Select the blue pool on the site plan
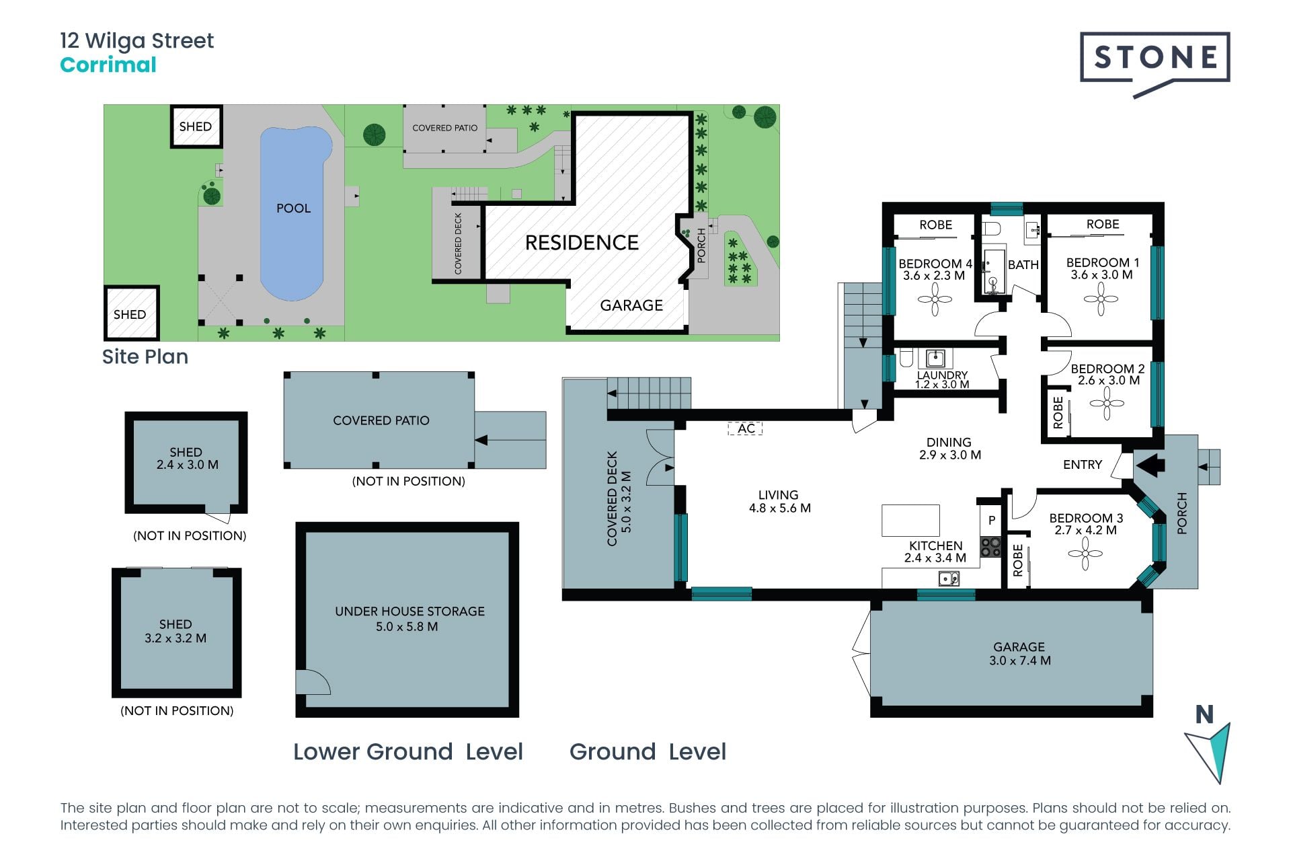click(294, 213)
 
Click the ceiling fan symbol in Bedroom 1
click(1101, 299)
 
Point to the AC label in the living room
click(746, 428)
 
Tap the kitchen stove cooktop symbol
click(990, 546)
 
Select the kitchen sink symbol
click(949, 578)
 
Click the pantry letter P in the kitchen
click(992, 520)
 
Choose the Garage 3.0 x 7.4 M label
click(1019, 654)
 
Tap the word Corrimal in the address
click(108, 65)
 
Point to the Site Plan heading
click(145, 357)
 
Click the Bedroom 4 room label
click(935, 269)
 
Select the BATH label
click(1023, 265)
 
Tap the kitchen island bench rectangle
click(910, 521)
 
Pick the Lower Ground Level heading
click(408, 751)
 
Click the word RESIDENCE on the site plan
click(582, 243)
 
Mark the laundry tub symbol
click(935, 358)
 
